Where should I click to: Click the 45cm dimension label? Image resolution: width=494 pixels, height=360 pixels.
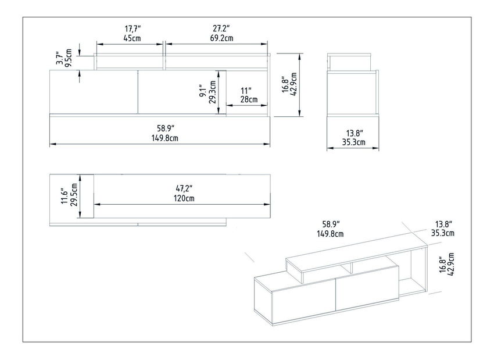pyautogui.click(x=132, y=38)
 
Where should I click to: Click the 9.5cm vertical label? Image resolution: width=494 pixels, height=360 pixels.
pyautogui.click(x=69, y=59)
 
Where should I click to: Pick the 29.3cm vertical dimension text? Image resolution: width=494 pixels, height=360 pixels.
pyautogui.click(x=213, y=91)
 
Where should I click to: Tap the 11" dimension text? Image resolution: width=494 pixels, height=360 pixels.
pyautogui.click(x=246, y=90)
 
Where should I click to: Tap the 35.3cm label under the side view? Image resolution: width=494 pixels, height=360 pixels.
pyautogui.click(x=353, y=142)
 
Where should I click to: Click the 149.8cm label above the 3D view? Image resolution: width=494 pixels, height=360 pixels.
pyautogui.click(x=330, y=234)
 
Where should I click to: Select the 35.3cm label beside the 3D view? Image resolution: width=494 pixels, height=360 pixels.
pyautogui.click(x=443, y=234)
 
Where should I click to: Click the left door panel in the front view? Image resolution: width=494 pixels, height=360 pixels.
pyautogui.click(x=94, y=91)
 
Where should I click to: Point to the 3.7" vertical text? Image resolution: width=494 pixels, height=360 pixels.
pyautogui.click(x=59, y=59)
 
